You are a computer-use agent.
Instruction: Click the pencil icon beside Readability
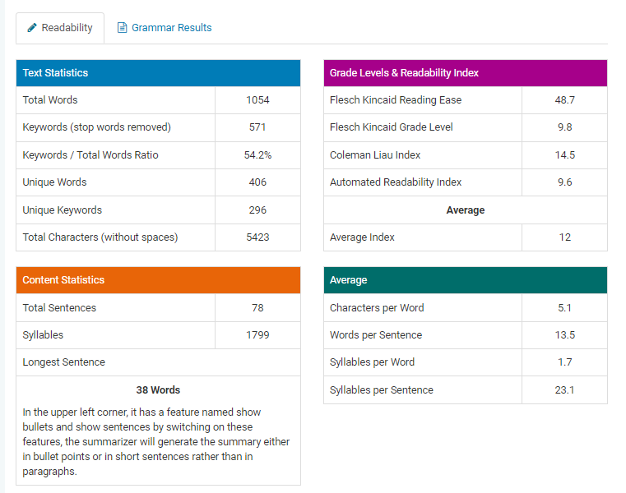(32, 28)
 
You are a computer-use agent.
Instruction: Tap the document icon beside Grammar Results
(123, 28)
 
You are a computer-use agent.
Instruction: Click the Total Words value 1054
(257, 100)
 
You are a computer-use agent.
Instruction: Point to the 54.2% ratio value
(257, 155)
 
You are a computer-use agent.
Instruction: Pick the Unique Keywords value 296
(257, 210)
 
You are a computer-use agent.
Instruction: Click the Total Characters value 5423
(257, 237)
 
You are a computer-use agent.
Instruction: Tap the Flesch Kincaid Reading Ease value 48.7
(564, 100)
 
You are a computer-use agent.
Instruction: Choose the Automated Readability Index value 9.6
(564, 182)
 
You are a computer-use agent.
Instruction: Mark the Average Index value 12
(564, 237)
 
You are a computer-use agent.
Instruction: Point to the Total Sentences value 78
(257, 308)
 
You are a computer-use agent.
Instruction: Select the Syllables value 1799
(257, 335)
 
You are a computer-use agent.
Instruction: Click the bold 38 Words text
(158, 390)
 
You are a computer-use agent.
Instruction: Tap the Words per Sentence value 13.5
(564, 335)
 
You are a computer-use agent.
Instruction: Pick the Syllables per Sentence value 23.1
(564, 390)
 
